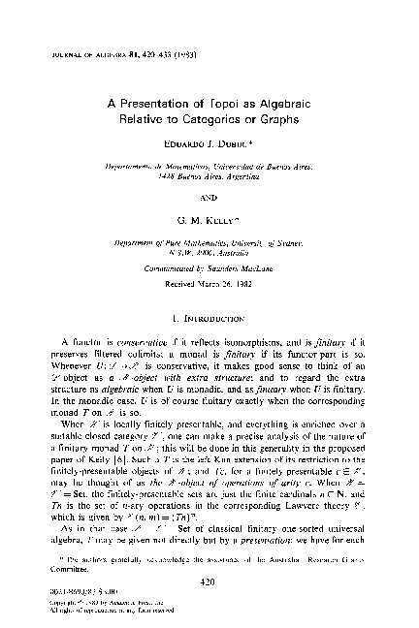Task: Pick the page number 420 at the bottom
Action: [x=209, y=584]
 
